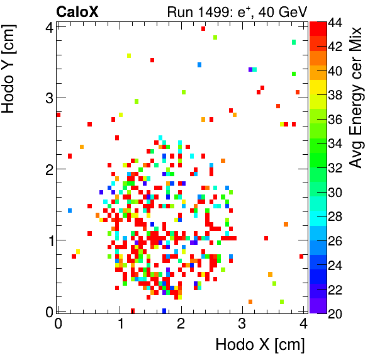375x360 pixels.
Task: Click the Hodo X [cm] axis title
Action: click(260, 345)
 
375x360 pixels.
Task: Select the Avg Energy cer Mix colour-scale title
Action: click(357, 98)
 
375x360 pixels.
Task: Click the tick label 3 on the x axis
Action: click(242, 323)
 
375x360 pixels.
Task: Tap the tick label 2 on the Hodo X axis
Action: click(181, 323)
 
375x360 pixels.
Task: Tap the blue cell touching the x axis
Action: click(164, 310)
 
